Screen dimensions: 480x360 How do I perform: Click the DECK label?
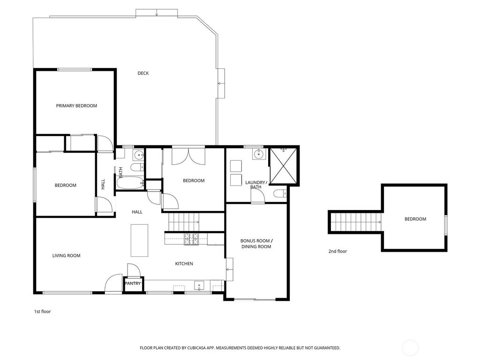(x=143, y=73)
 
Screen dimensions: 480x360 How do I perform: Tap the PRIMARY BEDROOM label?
(x=76, y=105)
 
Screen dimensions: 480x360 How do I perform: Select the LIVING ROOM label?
(x=67, y=255)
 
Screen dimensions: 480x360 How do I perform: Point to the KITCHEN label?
(x=184, y=263)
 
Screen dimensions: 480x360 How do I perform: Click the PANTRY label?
(x=133, y=284)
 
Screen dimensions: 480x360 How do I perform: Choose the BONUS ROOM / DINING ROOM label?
(x=256, y=244)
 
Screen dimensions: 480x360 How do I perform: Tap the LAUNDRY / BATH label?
(x=256, y=185)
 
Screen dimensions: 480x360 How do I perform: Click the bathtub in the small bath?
(x=130, y=183)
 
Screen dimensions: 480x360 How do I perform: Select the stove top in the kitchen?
(x=191, y=239)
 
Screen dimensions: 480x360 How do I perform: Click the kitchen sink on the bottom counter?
(x=199, y=286)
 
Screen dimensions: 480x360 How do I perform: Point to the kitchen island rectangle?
(x=140, y=240)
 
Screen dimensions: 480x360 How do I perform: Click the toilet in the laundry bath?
(x=280, y=194)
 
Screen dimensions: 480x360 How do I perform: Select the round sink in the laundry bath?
(x=259, y=154)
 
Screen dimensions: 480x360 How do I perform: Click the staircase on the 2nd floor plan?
(x=356, y=222)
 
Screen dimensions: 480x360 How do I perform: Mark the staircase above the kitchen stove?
(x=183, y=222)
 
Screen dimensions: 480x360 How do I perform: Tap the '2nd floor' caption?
(x=337, y=251)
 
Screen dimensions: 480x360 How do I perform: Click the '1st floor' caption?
(x=42, y=312)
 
